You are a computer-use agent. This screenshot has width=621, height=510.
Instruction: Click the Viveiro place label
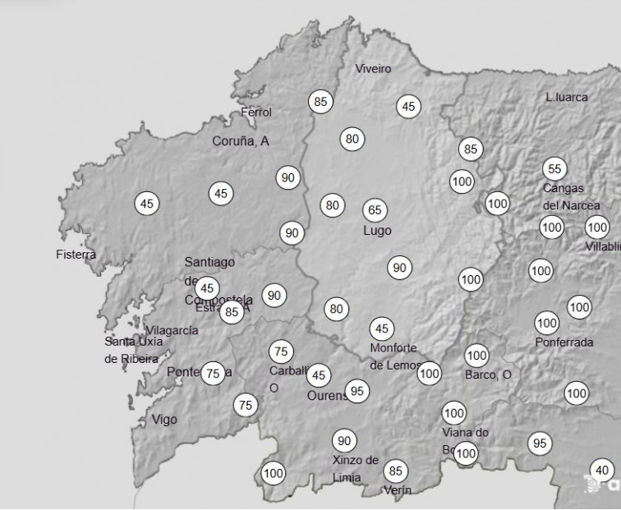[373, 69]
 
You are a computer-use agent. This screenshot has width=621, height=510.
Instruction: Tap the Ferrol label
[255, 113]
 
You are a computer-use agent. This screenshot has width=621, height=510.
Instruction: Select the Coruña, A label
[241, 141]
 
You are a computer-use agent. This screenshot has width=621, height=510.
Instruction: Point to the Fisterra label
[76, 255]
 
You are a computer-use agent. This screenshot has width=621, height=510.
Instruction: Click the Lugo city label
[377, 231]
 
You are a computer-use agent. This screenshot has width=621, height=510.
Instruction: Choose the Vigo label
[164, 420]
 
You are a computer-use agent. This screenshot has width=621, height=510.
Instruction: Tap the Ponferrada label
[563, 342]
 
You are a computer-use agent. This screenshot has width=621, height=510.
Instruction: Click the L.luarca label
[567, 97]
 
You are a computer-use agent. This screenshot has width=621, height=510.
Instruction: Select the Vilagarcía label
[172, 330]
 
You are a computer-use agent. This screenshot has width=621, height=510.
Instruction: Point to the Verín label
[398, 490]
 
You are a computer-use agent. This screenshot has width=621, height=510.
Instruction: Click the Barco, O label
[488, 375]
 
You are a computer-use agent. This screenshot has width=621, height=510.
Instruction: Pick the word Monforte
[393, 348]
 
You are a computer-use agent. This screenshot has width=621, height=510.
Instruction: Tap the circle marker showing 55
[554, 169]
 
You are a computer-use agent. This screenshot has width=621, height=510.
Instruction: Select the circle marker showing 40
[602, 471]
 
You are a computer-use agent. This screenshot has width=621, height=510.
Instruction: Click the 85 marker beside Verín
[396, 471]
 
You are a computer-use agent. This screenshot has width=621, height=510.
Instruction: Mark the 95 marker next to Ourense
[356, 390]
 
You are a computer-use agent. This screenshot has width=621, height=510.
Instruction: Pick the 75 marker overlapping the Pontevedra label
[213, 373]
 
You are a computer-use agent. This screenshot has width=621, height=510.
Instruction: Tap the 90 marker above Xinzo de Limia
[344, 441]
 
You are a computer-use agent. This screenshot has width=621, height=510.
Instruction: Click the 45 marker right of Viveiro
[408, 106]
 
